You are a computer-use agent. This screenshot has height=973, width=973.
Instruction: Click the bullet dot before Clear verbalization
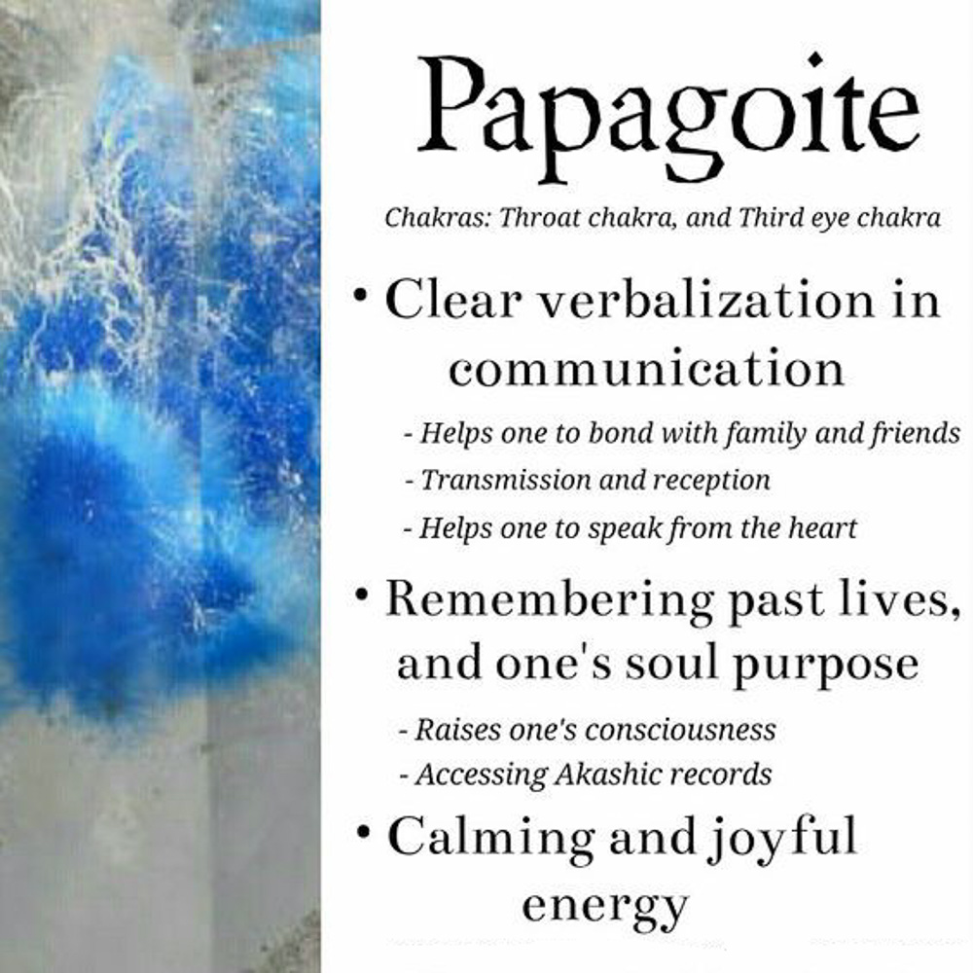click(x=360, y=295)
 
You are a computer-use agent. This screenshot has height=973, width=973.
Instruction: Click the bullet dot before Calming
click(x=364, y=830)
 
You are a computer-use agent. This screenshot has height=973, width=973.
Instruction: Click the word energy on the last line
click(x=605, y=908)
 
